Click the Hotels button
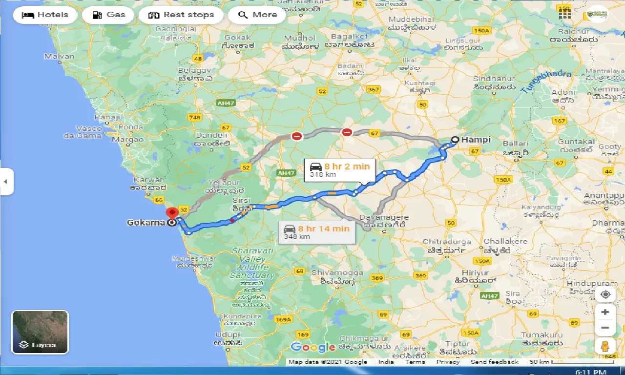pos(45,15)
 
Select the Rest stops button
pos(181,15)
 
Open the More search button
pos(257,15)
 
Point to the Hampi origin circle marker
pos(455,140)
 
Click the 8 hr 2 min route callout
pos(340,170)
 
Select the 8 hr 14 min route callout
pos(317,231)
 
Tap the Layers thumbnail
pos(40,332)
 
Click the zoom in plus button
pos(605,312)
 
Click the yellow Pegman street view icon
pos(605,346)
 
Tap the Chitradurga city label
pos(447,242)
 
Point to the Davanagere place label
pos(384,217)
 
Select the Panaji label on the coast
pos(107,117)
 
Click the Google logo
pos(312,348)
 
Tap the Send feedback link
pos(494,362)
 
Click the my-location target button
pos(605,294)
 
